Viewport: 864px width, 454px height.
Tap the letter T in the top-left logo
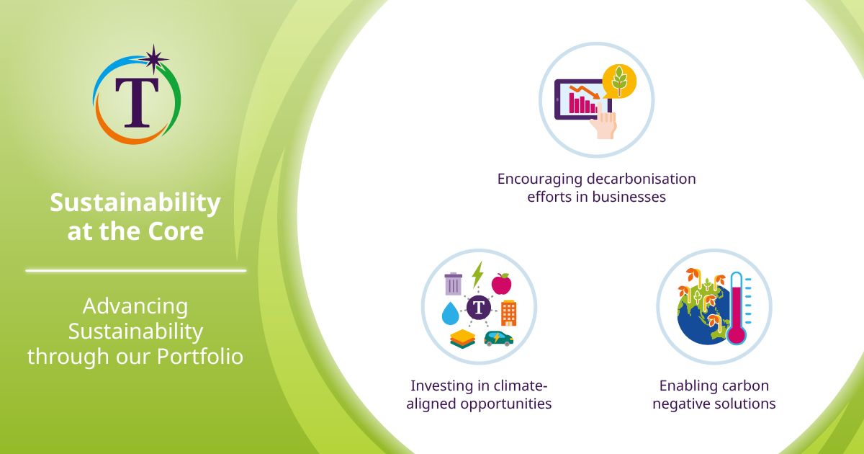point(136,101)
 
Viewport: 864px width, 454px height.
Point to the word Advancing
point(135,306)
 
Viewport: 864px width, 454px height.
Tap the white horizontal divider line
point(135,270)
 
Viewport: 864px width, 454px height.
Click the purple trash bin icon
point(453,283)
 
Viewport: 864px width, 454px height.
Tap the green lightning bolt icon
point(477,275)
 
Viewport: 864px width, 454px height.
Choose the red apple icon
point(501,284)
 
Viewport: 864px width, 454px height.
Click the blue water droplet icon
point(451,313)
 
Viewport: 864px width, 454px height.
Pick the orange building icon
point(508,313)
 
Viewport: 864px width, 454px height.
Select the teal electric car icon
point(498,338)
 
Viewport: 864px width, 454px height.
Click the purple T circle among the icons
point(479,308)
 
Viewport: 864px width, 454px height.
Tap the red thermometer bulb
point(736,334)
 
